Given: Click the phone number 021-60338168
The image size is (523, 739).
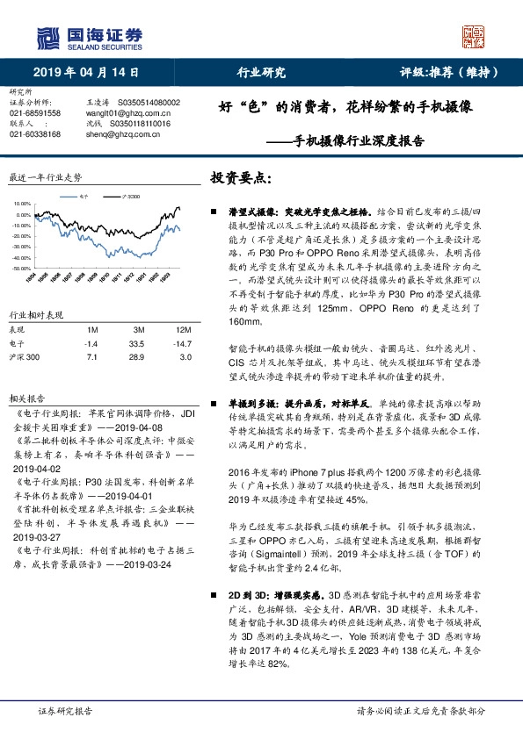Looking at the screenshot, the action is pyautogui.click(x=35, y=134).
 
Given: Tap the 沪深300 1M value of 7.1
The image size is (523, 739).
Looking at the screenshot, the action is pyautogui.click(x=91, y=357).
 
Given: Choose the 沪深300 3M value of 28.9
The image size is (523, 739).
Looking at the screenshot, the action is pyautogui.click(x=135, y=357).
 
